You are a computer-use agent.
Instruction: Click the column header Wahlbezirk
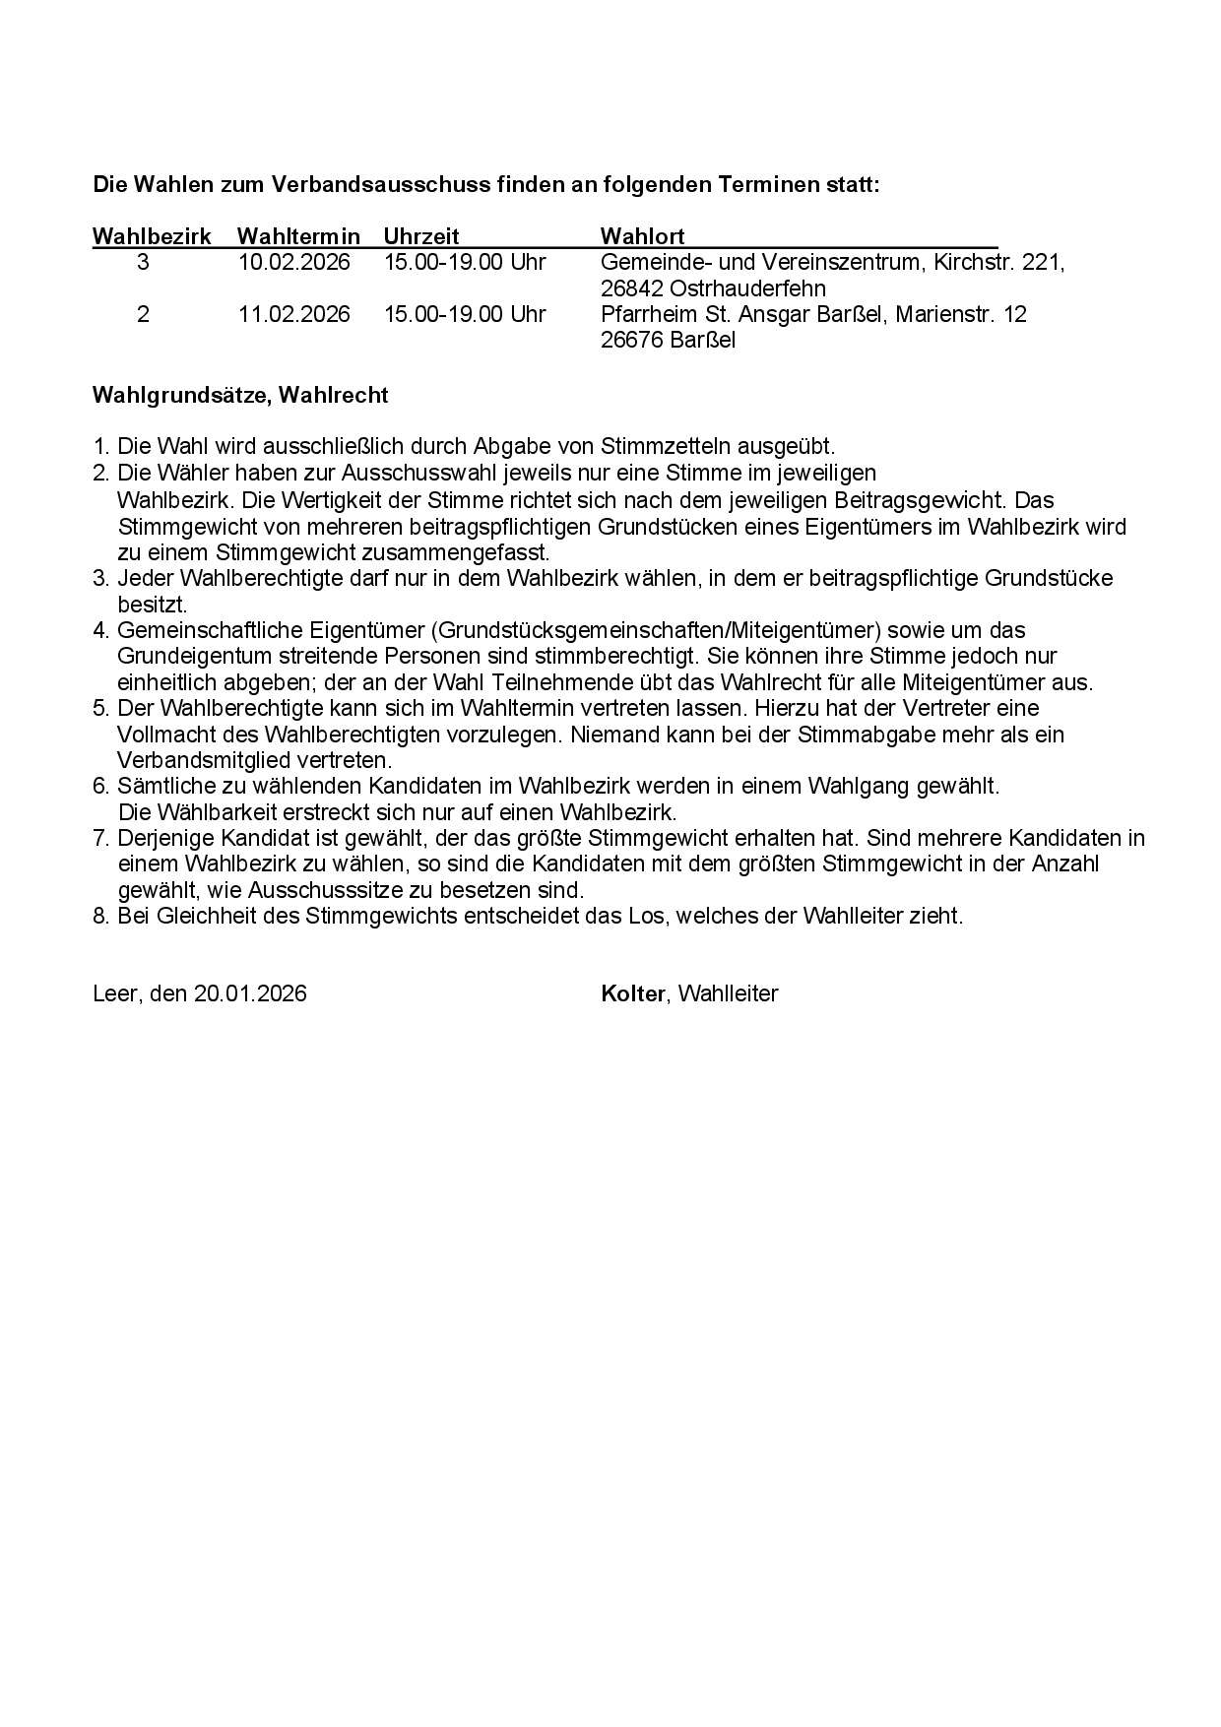[152, 236]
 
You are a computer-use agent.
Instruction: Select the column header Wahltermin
[298, 236]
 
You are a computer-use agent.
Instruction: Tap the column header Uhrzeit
[421, 236]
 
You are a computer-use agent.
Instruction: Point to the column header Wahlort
[642, 236]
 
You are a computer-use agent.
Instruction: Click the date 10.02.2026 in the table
[293, 263]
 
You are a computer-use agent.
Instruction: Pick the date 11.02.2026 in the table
[293, 314]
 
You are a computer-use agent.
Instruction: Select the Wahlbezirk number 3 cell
[144, 263]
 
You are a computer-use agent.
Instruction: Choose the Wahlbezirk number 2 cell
[144, 314]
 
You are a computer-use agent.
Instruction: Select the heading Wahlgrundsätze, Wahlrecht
[240, 396]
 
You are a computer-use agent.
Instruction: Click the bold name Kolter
[633, 993]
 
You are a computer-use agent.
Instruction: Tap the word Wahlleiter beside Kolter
[729, 993]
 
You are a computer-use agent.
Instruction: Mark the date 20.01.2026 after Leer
[250, 993]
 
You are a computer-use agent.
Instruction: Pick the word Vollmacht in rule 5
[161, 735]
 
